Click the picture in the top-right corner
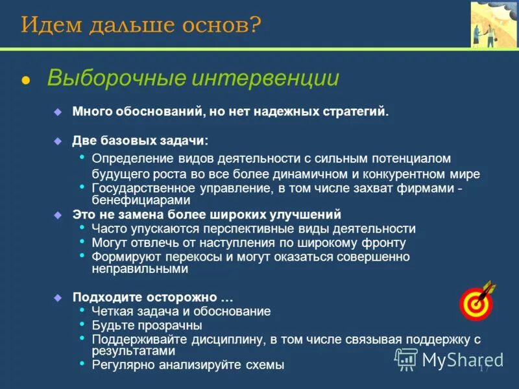[x=494, y=25]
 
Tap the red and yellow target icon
[x=476, y=301]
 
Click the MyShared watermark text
[x=463, y=359]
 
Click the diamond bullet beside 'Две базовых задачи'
[x=57, y=141]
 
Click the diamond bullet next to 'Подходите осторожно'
[x=57, y=298]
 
